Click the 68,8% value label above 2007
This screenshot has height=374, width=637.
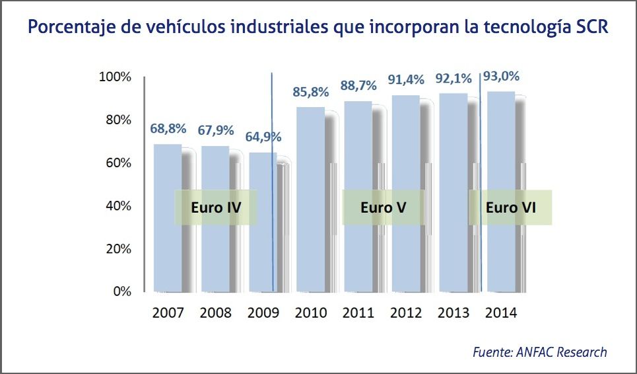click(x=168, y=128)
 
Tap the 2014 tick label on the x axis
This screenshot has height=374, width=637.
click(x=501, y=312)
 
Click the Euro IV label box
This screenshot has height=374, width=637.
click(x=215, y=207)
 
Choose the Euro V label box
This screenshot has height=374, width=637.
click(x=383, y=207)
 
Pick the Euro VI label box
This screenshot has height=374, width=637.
click(x=510, y=207)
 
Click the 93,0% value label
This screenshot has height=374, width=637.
click(x=502, y=76)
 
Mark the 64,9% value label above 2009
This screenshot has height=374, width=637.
click(x=263, y=137)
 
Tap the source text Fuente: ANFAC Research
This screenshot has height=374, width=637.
click(x=539, y=352)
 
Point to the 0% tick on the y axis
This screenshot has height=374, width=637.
click(x=122, y=291)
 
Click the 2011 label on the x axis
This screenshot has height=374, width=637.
click(x=358, y=312)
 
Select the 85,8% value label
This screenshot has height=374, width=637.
click(x=310, y=92)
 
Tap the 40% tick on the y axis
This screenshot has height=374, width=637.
click(x=117, y=206)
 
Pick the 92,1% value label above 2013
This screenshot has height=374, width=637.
click(x=453, y=79)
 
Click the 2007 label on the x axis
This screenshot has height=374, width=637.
click(x=168, y=312)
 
